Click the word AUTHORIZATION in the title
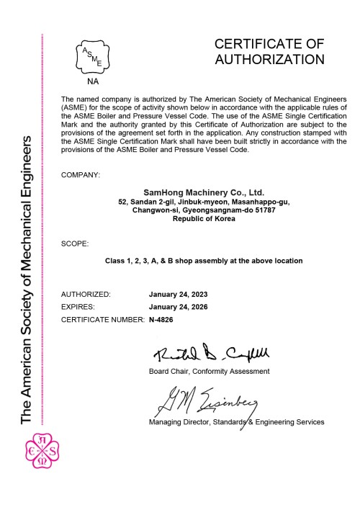[269, 59]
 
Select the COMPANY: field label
[81, 176]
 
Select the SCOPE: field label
[75, 244]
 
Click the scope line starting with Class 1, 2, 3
[204, 260]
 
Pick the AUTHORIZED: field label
[86, 295]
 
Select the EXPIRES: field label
[80, 306]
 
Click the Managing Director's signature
[203, 401]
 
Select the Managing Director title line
[236, 421]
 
